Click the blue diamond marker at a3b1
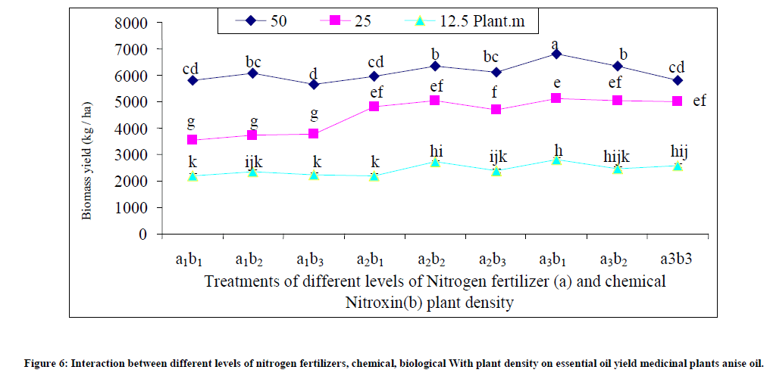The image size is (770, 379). coord(556,54)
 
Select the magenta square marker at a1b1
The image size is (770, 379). coord(192,140)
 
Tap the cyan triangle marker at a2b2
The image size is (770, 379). coord(435,162)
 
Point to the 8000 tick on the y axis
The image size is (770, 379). coord(130,23)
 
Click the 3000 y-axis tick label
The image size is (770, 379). coord(130,155)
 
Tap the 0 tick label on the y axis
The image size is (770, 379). coord(142,234)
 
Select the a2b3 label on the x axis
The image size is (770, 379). coord(496,259)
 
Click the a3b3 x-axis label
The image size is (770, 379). coord(677,259)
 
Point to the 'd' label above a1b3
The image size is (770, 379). coord(313,73)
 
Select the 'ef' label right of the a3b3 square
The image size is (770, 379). coord(700,100)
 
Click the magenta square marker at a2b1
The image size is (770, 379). coord(374,107)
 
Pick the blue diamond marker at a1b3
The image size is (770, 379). coord(314,85)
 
